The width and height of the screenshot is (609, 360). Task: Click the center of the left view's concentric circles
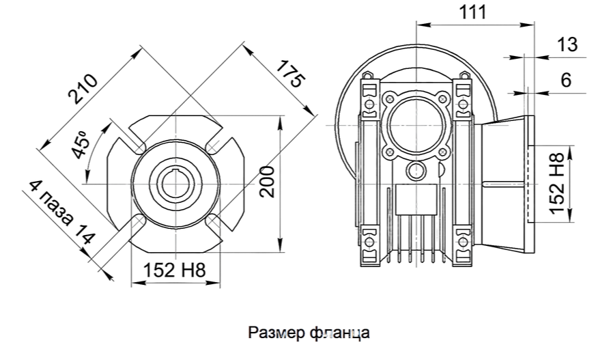coord(176,184)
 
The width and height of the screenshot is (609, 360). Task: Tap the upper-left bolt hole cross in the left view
coord(139,146)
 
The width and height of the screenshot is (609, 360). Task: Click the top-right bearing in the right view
coord(462,102)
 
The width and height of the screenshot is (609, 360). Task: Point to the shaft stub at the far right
coord(558,184)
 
